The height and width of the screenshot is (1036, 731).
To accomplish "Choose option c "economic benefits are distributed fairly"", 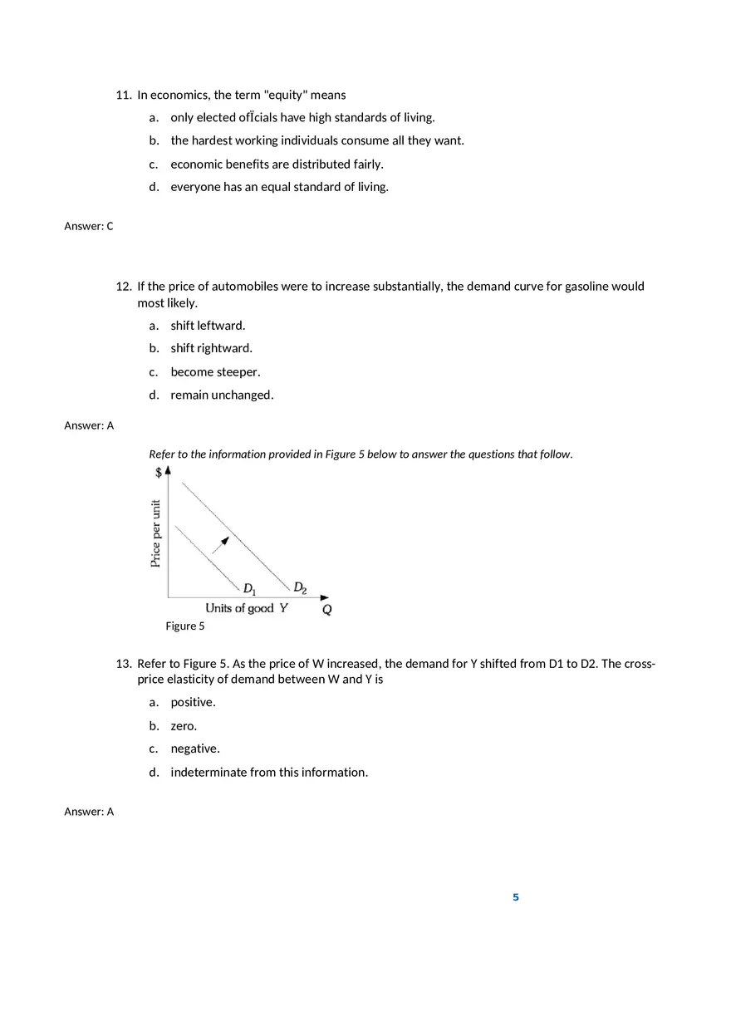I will click(277, 164).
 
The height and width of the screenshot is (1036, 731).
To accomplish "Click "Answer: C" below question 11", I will click(89, 226).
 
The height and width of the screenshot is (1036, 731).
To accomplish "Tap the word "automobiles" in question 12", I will click(245, 287).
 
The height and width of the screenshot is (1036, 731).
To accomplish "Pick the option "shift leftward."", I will click(208, 326).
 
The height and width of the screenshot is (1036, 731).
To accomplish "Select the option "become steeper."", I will click(215, 372).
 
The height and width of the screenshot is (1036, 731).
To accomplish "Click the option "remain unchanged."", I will click(222, 395).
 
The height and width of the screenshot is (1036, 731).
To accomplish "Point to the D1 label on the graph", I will click(249, 588).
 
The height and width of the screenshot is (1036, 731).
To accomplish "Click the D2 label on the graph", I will click(300, 588).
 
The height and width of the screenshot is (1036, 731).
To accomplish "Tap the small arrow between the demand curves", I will click(221, 544).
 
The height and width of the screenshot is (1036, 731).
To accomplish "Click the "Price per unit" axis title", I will click(155, 533).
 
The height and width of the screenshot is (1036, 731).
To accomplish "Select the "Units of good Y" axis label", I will click(247, 608).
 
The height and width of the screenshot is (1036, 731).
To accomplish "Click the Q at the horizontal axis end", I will click(326, 610).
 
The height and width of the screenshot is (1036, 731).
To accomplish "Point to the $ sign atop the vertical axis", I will click(158, 473).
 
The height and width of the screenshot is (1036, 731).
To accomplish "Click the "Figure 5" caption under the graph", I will click(184, 626).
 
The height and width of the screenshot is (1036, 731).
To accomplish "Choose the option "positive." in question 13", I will click(193, 703).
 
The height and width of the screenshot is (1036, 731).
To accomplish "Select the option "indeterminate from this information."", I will click(269, 773).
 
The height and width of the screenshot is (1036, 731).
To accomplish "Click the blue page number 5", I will click(516, 897).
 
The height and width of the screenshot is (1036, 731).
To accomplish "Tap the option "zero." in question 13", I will click(184, 726).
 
